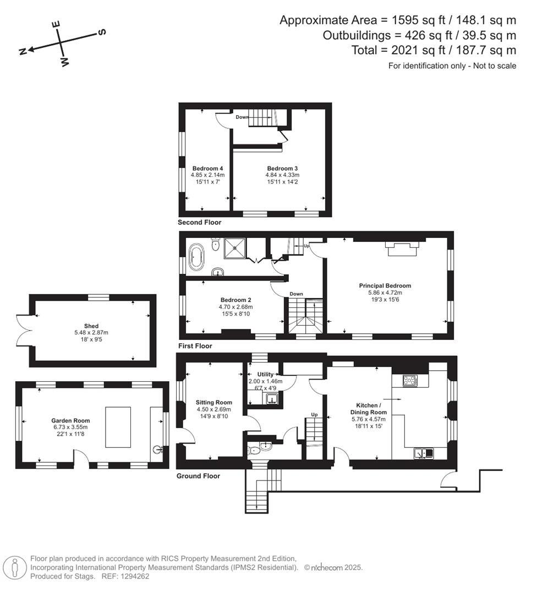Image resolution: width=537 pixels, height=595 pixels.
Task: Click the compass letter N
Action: click(x=23, y=51)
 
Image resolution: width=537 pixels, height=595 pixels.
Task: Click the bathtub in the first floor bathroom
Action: click(x=196, y=257)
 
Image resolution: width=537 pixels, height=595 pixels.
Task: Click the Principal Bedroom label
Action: click(x=385, y=285)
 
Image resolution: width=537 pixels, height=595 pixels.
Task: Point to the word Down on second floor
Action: click(x=242, y=117)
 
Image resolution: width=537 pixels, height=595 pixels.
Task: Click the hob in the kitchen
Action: click(x=410, y=380)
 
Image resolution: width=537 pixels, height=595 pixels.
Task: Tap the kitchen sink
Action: click(x=424, y=453)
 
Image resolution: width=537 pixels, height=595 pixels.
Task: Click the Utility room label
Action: click(x=262, y=375)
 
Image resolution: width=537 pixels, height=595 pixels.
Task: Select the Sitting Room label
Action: click(x=214, y=402)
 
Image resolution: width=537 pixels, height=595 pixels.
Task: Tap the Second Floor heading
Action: click(x=199, y=223)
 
